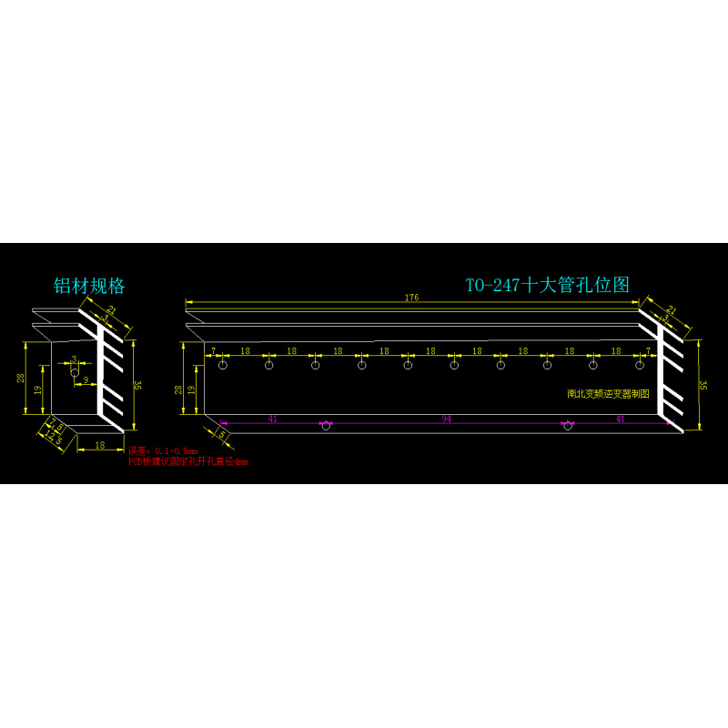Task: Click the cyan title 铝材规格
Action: coord(88,286)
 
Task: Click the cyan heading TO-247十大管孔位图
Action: coord(548,285)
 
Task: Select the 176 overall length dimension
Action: coord(412,297)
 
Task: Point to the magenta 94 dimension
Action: coord(446,419)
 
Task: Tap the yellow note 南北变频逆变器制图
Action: coord(608,394)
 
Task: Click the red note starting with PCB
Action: coord(187,462)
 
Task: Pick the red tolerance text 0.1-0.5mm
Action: coord(177,451)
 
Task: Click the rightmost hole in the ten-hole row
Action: coord(640,365)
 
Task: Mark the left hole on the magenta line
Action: coord(326,426)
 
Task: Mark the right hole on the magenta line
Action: coord(567,426)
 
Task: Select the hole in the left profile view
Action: coord(75,372)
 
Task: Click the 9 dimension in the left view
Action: coord(86,379)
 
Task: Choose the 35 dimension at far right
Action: coord(703,385)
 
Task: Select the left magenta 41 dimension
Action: coord(272,419)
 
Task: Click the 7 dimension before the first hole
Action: coord(213,350)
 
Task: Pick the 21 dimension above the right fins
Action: coord(672,311)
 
